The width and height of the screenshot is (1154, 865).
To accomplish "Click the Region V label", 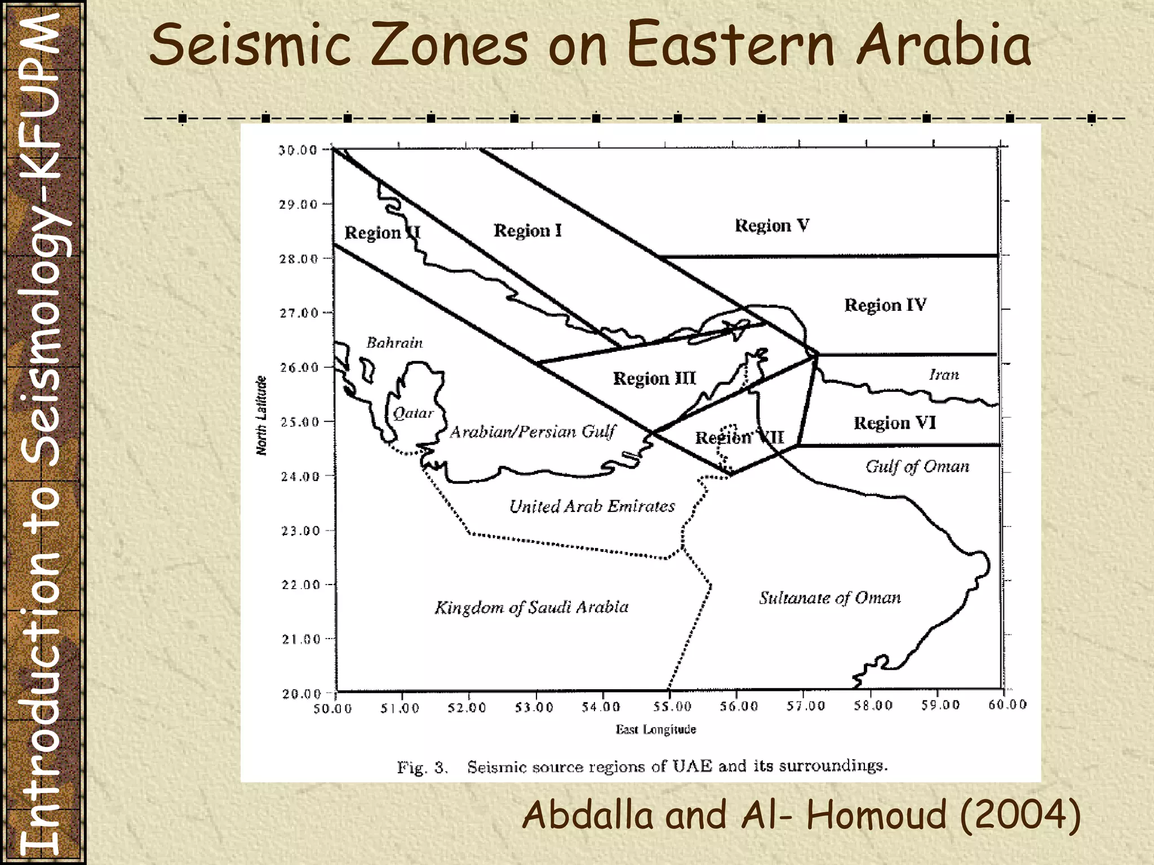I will point(772,226).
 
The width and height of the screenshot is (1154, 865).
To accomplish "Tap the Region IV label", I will point(885,305).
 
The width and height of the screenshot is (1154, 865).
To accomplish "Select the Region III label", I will point(654,378).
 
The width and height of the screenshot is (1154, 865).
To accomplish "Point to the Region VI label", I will point(894,423).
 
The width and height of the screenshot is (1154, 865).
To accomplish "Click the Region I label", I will point(527,230).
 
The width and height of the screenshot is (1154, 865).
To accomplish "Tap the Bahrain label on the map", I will point(394,342).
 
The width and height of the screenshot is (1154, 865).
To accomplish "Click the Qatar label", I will point(413,413).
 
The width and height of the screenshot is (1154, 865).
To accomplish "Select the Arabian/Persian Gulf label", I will point(532,432).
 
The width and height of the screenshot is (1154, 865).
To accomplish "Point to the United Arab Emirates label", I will point(592,506).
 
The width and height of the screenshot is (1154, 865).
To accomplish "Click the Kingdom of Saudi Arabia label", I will point(531,607).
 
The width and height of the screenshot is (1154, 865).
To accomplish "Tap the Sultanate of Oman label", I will point(829,598).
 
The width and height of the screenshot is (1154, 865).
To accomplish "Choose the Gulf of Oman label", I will point(917,466).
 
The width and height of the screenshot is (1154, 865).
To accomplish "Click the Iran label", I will point(944,374).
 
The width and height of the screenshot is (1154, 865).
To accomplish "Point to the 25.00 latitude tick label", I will point(299,422).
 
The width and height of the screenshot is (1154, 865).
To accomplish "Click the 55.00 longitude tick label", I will point(669,706).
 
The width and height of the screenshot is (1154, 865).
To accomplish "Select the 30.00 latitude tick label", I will point(298,150).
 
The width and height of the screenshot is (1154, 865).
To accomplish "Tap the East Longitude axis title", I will point(655,730).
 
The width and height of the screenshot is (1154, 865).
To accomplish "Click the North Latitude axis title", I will point(261,415).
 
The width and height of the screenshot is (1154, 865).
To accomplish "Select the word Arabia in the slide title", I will point(944,45).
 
